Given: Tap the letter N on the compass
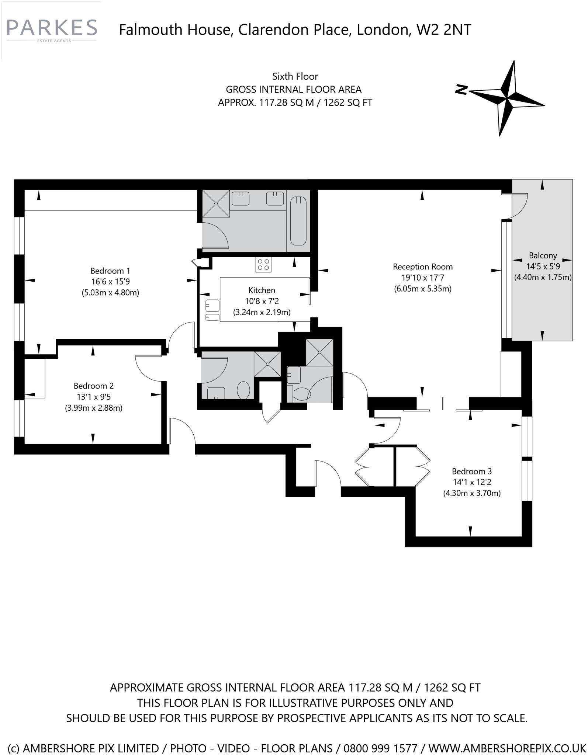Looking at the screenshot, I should pyautogui.click(x=461, y=89).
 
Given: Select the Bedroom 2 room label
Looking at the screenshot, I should pyautogui.click(x=94, y=386).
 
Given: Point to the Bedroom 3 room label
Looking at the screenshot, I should pyautogui.click(x=471, y=471).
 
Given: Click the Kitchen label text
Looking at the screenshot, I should pyautogui.click(x=262, y=290).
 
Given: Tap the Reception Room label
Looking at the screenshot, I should pyautogui.click(x=422, y=267).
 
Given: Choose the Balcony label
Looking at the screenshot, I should pyautogui.click(x=542, y=255).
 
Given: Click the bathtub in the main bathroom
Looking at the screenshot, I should pyautogui.click(x=298, y=221).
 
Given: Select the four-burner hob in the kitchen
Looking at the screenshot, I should pyautogui.click(x=263, y=264).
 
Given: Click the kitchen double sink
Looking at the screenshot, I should pyautogui.click(x=212, y=311).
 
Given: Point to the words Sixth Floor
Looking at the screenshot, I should pyautogui.click(x=295, y=76).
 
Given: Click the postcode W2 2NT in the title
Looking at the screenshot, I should pyautogui.click(x=443, y=29).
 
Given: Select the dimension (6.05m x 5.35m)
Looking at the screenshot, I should pyautogui.click(x=422, y=289).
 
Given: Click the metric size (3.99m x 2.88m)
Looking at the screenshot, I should pyautogui.click(x=94, y=408).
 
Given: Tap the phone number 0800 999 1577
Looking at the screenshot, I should pyautogui.click(x=380, y=748).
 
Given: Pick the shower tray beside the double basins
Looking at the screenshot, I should pyautogui.click(x=216, y=203).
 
